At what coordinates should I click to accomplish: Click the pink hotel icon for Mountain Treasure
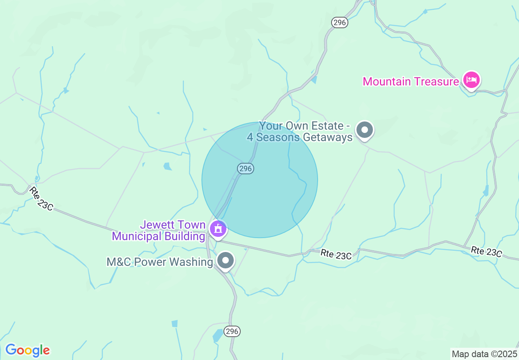471,80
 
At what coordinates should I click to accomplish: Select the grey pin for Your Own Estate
365,130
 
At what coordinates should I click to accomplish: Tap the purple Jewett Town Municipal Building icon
218,229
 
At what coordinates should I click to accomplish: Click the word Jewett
158,225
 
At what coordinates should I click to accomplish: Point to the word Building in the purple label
183,236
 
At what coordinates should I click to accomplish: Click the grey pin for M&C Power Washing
225,260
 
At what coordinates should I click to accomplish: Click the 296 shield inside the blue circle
245,168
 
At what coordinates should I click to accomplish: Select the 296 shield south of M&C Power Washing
232,331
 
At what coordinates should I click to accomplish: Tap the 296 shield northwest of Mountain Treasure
340,22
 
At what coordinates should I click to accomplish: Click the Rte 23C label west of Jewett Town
41,199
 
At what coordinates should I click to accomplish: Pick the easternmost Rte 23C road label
486,251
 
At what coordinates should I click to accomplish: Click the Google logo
27,350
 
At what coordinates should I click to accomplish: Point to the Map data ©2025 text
484,353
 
